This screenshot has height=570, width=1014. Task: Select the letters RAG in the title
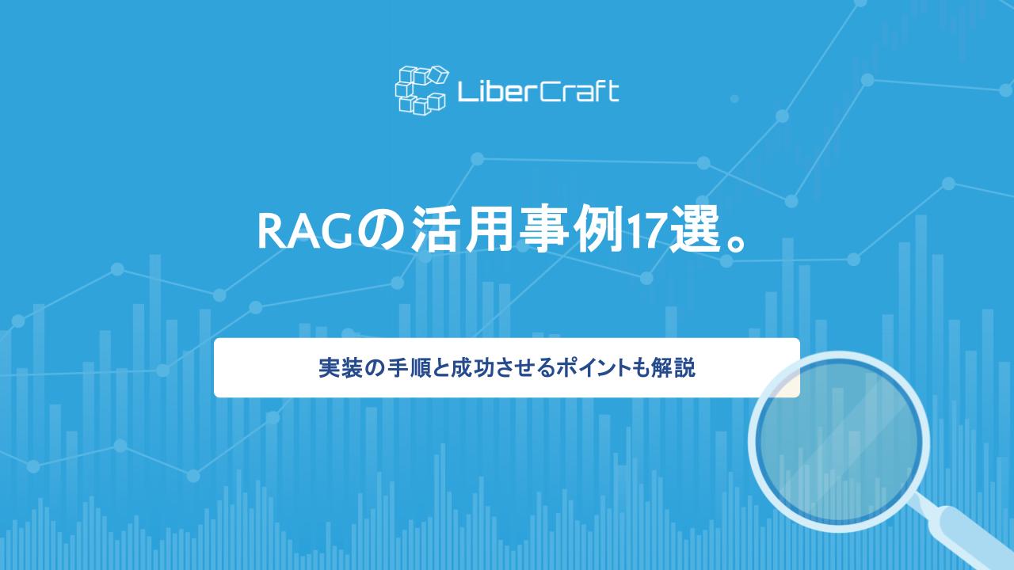303,231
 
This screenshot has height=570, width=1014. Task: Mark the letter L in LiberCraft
464,92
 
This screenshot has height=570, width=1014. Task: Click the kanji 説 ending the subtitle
686,368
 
